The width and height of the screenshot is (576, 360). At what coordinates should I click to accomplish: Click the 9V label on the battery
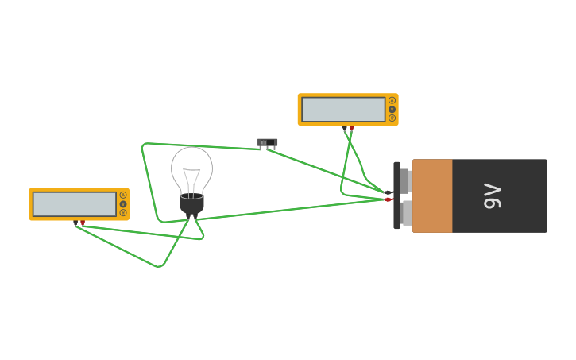coord(493,195)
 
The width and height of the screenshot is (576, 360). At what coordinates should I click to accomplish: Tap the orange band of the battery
coord(432,195)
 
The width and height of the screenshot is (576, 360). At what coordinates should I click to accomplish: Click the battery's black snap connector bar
coord(396,195)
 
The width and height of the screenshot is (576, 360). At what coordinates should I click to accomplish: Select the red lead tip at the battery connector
coord(388,199)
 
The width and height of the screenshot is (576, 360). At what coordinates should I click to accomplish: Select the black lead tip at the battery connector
coord(388,192)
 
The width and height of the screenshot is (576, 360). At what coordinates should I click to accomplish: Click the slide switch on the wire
coord(268,142)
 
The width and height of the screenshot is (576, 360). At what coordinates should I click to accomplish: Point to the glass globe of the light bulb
coord(191,168)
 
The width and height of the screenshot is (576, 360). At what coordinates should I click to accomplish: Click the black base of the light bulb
coord(191,205)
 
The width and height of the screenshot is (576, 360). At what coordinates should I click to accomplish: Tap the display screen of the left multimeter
coord(75,204)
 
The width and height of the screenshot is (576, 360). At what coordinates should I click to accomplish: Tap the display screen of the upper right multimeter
coord(343,110)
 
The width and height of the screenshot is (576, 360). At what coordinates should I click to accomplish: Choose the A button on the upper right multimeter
coord(392,100)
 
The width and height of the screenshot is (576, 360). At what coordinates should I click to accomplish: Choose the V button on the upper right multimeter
coord(392,109)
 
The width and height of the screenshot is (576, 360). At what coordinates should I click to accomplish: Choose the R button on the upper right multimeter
coord(392,118)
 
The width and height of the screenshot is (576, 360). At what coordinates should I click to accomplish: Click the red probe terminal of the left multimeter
coord(83,223)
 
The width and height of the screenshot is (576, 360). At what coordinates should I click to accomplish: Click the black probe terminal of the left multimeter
coord(76,223)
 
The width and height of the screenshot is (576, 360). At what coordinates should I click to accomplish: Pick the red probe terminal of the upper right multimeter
coord(352,127)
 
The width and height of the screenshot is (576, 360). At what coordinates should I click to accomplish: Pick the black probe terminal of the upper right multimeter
coord(345,127)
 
